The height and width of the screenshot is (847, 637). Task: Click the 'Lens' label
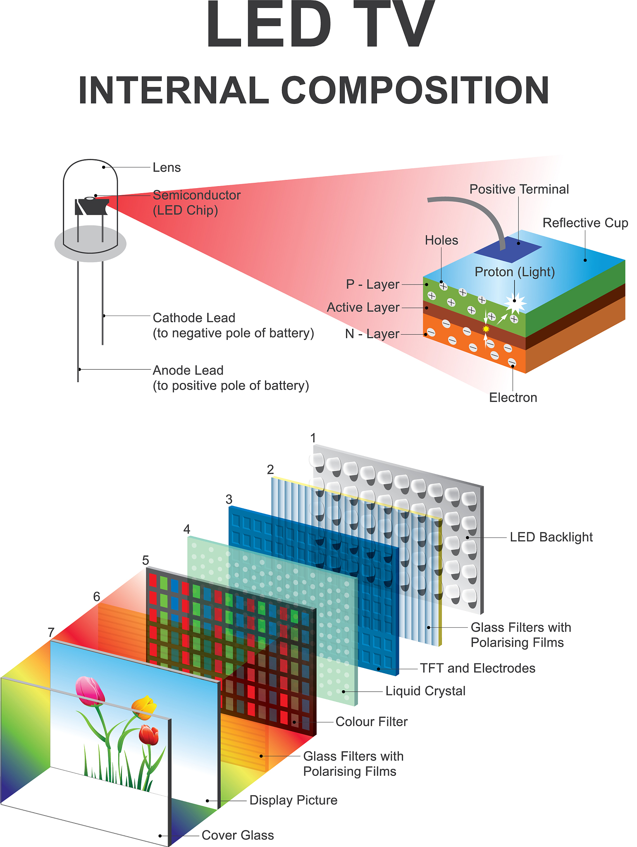pyautogui.click(x=167, y=167)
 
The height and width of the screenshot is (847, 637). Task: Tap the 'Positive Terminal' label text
pyautogui.click(x=519, y=189)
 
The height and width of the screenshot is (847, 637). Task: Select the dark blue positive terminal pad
pyautogui.click(x=508, y=249)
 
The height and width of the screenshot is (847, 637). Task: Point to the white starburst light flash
pyautogui.click(x=515, y=302)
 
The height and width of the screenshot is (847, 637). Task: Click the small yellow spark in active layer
pyautogui.click(x=486, y=329)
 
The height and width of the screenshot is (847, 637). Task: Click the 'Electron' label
pyautogui.click(x=513, y=397)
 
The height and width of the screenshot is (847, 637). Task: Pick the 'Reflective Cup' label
pyautogui.click(x=585, y=223)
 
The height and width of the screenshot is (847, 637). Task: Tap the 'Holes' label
pyautogui.click(x=441, y=240)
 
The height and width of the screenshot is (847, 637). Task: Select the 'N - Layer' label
pyautogui.click(x=372, y=334)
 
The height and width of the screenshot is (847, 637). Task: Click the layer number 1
pyautogui.click(x=313, y=438)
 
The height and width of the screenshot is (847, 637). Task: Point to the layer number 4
pyautogui.click(x=187, y=529)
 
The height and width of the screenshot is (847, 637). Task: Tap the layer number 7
pyautogui.click(x=51, y=632)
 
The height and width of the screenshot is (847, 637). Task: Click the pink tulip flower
pyautogui.click(x=90, y=691)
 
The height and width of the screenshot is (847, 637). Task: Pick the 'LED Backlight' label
pyautogui.click(x=551, y=537)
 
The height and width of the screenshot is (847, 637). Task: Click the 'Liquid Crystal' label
pyautogui.click(x=425, y=691)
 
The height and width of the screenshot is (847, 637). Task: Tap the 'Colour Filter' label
pyautogui.click(x=371, y=722)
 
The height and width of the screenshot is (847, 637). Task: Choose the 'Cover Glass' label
pyautogui.click(x=238, y=835)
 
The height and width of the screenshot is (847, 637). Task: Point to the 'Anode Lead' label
pyautogui.click(x=188, y=370)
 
